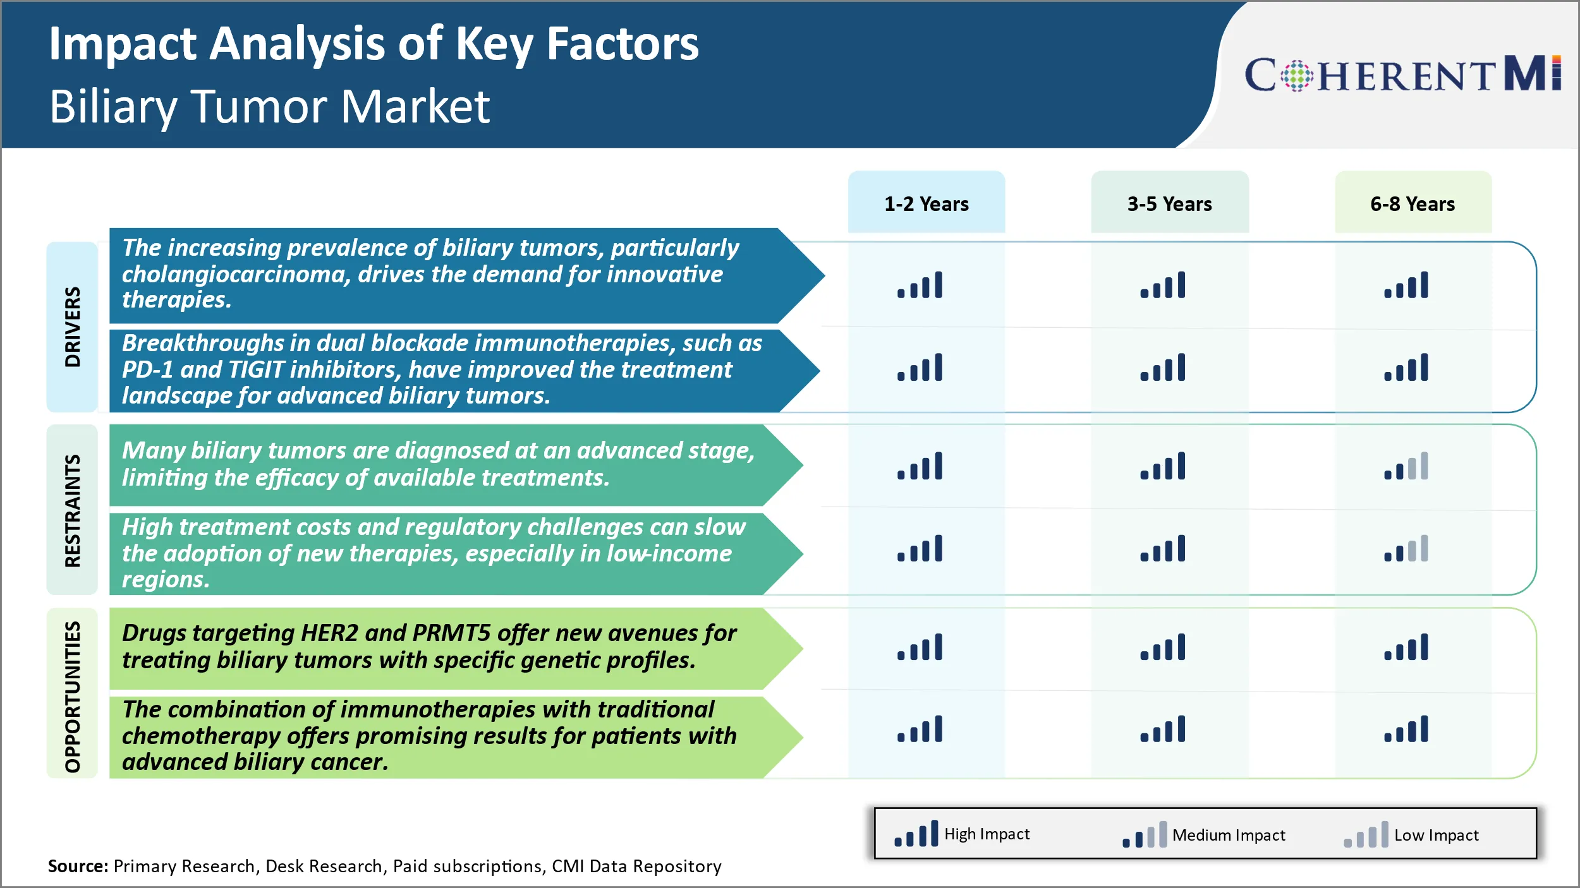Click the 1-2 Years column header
coord(926,203)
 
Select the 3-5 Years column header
coord(1169,203)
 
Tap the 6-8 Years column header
coord(1413,203)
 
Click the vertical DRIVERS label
coord(73,327)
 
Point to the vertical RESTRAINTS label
coord(73,510)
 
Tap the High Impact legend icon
coord(916,834)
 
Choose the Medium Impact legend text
coord(1228,835)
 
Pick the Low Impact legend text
coord(1436,835)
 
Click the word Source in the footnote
coord(78,866)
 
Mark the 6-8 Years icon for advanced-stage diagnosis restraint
coord(1406,467)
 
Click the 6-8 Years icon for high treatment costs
coord(1406,549)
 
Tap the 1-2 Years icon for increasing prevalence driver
coord(920,285)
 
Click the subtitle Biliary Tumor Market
coord(269,105)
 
